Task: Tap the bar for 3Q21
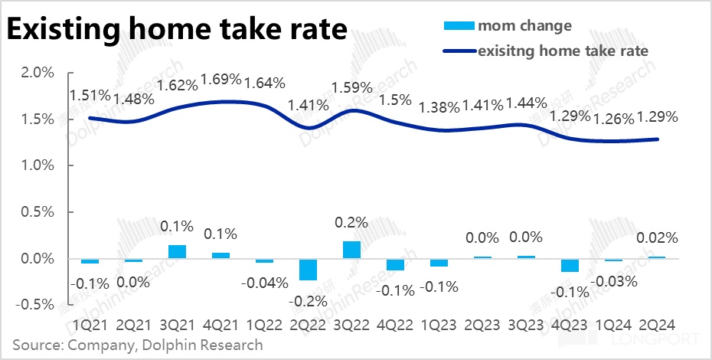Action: point(177,251)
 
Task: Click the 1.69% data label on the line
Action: point(220,80)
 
